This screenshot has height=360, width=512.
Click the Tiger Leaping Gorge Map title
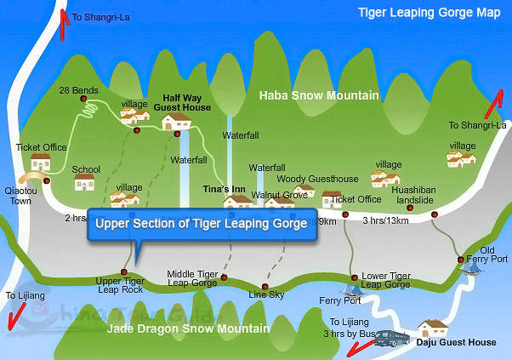point(429,14)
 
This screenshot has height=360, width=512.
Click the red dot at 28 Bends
point(83,100)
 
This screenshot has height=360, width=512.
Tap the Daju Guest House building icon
point(433,328)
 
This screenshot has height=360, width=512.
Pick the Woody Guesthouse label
point(305,179)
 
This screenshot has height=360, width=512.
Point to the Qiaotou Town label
point(18,196)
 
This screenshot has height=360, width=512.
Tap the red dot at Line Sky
point(265,286)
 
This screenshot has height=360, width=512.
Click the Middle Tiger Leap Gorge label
point(192,278)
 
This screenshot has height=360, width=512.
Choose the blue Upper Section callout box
point(202,225)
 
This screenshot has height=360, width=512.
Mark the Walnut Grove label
point(286,195)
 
